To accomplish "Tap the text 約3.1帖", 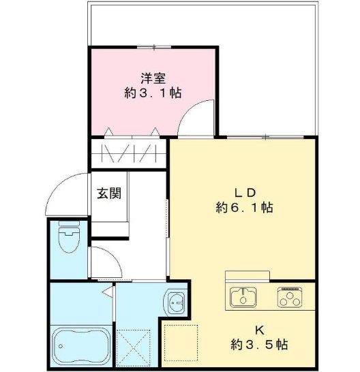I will [x=153, y=93].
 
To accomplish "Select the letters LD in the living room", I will [x=244, y=191].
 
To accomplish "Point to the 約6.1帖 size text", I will [x=243, y=207].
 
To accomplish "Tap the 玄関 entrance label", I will [x=109, y=193].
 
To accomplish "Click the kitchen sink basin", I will [x=243, y=297].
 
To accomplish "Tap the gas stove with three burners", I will [x=290, y=297].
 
